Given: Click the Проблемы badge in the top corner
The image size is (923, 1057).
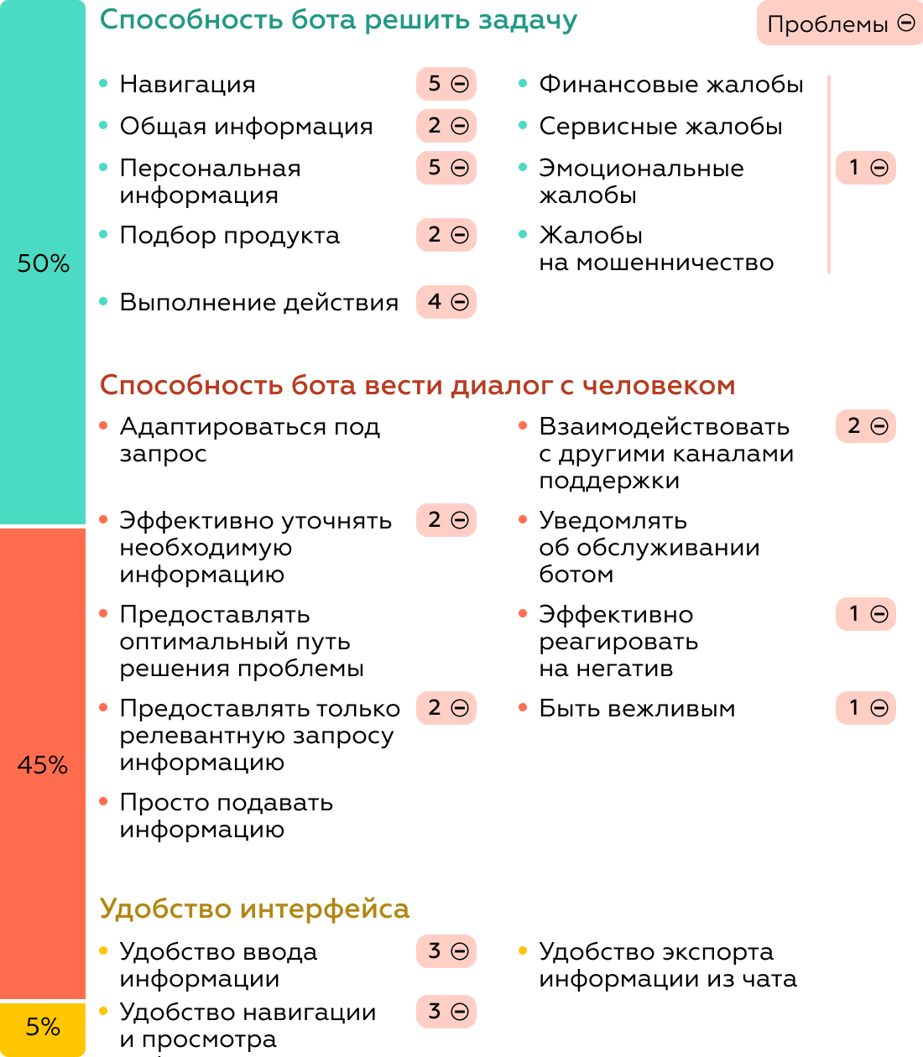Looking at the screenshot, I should click(x=840, y=23).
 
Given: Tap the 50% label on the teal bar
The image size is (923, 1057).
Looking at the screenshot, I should click(x=44, y=263).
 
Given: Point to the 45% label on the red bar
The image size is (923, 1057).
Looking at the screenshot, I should click(x=43, y=765).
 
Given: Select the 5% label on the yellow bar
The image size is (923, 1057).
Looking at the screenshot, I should click(x=43, y=1027).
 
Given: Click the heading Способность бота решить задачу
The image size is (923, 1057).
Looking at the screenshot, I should click(x=338, y=20).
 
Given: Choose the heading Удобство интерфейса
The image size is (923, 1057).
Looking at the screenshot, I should click(x=254, y=909).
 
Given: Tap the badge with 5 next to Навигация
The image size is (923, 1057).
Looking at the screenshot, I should click(x=446, y=84).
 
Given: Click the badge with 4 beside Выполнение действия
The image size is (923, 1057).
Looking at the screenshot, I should click(x=446, y=302).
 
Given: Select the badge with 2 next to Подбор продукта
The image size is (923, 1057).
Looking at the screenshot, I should click(x=446, y=235).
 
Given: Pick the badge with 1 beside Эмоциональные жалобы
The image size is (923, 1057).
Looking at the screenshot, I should click(x=866, y=168).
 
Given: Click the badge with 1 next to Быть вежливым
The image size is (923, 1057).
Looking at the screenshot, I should click(x=866, y=708).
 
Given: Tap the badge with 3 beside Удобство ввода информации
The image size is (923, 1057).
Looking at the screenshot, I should click(x=446, y=951).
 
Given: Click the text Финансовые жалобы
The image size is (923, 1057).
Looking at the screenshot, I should click(x=670, y=84).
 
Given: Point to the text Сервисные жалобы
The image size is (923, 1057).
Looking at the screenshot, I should click(x=660, y=126).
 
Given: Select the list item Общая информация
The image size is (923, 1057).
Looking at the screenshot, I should click(x=246, y=126).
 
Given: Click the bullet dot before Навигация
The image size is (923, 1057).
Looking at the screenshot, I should click(x=103, y=83).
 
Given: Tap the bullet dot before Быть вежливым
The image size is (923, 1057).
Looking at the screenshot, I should click(x=523, y=707).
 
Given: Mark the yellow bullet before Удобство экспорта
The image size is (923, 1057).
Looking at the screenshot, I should click(x=523, y=950).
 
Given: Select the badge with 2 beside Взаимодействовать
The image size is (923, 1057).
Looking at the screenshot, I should click(x=866, y=426).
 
